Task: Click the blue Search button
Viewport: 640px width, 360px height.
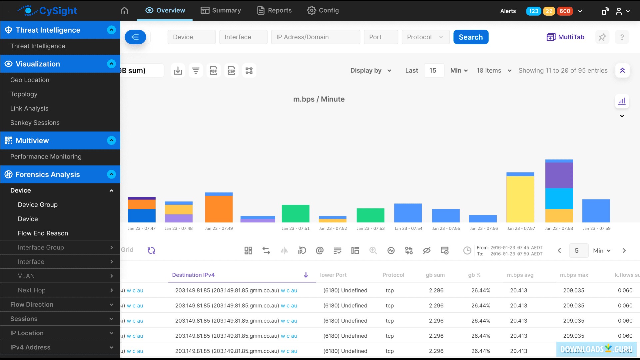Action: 470,37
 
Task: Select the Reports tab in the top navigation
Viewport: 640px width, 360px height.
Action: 274,10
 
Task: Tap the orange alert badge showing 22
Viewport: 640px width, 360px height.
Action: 549,11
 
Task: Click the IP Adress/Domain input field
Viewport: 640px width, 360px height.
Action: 315,37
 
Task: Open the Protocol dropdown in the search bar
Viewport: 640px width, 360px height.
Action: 425,37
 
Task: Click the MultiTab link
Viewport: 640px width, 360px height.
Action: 565,37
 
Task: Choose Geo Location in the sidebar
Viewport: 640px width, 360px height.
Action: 30,80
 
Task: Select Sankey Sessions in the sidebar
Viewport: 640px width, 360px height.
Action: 35,123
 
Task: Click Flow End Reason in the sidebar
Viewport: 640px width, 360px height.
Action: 43,233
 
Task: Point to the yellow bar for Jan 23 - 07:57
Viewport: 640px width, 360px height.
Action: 520,199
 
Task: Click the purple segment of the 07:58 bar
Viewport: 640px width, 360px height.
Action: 559,176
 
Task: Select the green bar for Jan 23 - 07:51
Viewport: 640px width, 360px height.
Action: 295,213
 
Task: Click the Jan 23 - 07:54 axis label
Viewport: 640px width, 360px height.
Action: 408,228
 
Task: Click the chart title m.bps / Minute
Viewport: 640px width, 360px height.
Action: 319,99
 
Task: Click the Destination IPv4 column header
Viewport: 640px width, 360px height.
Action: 193,275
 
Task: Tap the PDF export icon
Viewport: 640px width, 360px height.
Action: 214,71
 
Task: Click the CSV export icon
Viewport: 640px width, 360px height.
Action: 231,71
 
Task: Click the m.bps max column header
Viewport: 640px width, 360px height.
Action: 574,275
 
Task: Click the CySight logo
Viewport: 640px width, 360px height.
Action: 47,11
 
